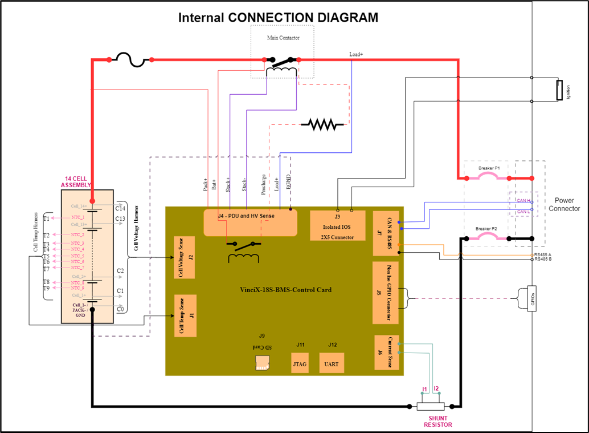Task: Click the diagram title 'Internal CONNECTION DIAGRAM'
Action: coord(278,17)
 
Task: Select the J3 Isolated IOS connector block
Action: coord(338,226)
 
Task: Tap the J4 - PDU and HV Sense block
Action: coord(251,222)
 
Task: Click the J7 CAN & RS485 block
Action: coord(385,233)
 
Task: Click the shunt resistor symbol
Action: coord(430,406)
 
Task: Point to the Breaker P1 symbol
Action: coord(489,178)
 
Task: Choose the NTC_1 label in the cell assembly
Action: coord(77,217)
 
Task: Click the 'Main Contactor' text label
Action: coord(283,38)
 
